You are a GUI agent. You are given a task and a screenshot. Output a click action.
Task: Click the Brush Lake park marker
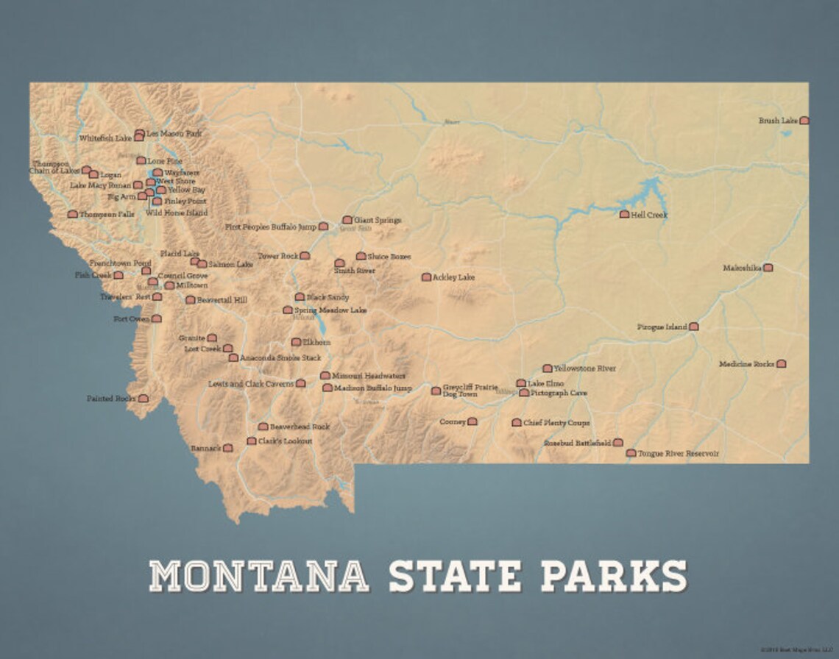click(804, 120)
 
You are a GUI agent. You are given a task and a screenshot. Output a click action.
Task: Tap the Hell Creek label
click(648, 215)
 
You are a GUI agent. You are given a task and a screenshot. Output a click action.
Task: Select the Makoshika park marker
click(768, 268)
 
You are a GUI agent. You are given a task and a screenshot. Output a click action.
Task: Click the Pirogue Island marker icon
click(693, 327)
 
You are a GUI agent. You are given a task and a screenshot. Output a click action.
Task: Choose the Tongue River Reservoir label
click(679, 454)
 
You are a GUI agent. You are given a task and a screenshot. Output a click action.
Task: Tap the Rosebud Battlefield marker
click(618, 443)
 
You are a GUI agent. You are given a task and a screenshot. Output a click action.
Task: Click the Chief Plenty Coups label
click(556, 423)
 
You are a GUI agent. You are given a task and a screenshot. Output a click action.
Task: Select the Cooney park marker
click(472, 421)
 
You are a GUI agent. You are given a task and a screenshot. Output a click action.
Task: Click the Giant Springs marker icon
click(347, 220)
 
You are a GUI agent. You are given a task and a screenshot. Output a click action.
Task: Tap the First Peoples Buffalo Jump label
click(271, 227)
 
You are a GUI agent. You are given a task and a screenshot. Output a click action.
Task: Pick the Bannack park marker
click(228, 448)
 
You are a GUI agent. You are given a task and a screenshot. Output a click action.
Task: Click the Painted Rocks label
click(110, 399)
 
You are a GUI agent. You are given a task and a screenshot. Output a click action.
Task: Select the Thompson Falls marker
click(72, 214)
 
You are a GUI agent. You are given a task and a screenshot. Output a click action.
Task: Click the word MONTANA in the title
click(259, 576)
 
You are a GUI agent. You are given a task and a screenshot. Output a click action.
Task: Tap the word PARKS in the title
click(614, 576)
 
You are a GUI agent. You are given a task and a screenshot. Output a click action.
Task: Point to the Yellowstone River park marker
click(547, 368)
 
